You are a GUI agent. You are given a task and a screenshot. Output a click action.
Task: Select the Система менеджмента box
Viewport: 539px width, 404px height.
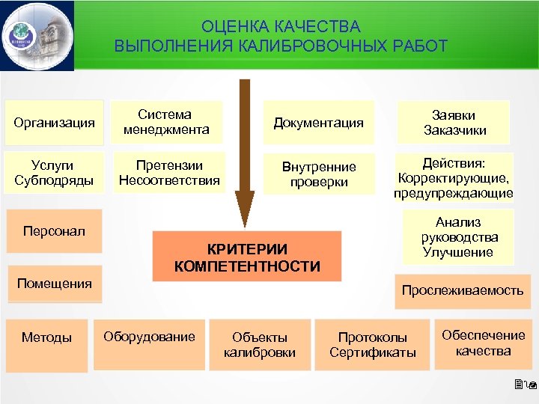(x=166, y=123)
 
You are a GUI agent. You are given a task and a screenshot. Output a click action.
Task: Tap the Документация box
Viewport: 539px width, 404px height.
(x=318, y=123)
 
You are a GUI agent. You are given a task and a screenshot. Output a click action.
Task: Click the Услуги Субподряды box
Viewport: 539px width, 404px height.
(x=54, y=172)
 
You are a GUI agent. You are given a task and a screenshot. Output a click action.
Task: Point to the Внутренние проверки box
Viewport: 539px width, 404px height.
(x=318, y=173)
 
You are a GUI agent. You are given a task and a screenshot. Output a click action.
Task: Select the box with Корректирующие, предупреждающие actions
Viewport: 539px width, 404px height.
(x=454, y=178)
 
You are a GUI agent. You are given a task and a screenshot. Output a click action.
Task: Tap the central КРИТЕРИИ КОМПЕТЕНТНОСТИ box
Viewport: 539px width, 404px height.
(x=247, y=257)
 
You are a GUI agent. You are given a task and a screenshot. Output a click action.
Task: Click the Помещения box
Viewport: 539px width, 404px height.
(x=54, y=284)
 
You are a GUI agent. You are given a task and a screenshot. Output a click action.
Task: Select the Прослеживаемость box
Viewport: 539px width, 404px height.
(x=462, y=290)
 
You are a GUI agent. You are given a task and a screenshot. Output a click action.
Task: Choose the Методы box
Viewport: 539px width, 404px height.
(x=46, y=337)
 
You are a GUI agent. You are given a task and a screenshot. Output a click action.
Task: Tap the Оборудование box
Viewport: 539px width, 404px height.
(x=149, y=337)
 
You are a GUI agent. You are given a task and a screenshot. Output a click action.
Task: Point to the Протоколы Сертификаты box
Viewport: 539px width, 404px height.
(x=372, y=345)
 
